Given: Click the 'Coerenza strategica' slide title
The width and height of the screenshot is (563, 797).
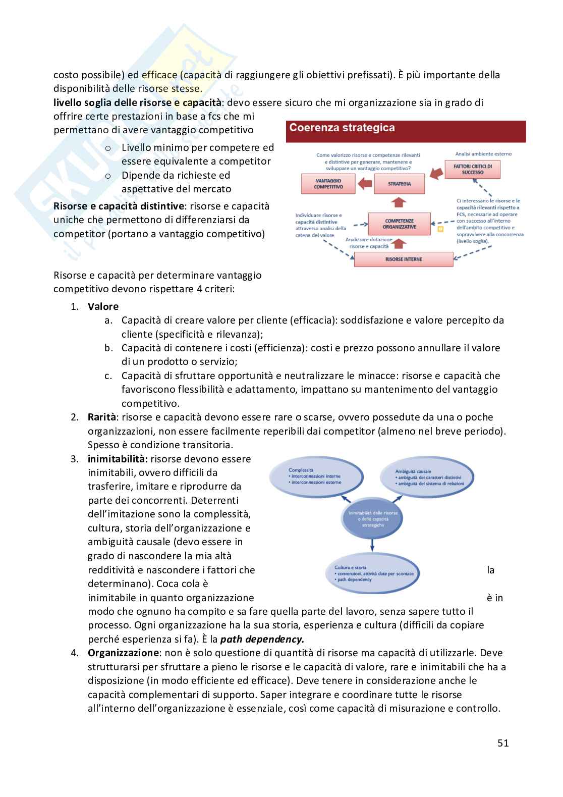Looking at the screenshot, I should coord(342,128).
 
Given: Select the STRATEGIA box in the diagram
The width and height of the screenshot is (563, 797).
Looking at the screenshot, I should coord(399,184).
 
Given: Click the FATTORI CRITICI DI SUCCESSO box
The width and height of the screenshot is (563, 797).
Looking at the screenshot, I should coord(472,169).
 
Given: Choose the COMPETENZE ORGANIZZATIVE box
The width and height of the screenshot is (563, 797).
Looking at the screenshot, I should coord(400,224).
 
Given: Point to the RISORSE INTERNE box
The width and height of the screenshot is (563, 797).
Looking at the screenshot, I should coord(403,259).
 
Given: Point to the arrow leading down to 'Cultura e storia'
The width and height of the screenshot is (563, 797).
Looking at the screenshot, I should coord(372,544).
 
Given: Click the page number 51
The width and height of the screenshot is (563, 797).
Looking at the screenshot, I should coord(502,743).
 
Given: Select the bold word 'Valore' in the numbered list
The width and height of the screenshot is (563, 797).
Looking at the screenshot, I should coord(103,306).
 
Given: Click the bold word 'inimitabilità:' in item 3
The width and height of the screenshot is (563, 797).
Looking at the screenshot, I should coord(118,459).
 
